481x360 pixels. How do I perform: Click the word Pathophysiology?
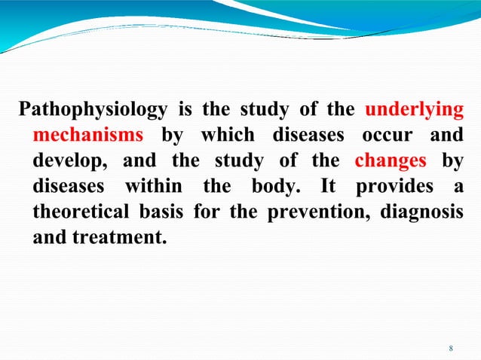point(93,111)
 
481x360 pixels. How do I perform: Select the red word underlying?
point(414,111)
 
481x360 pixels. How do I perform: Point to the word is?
point(185,111)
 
